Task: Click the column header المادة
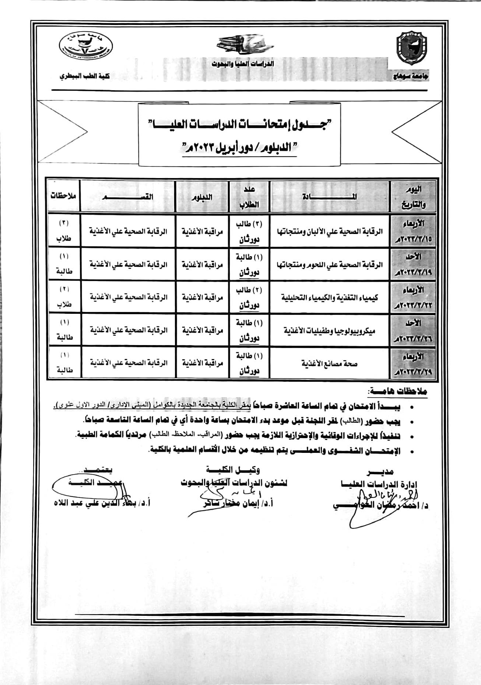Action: tap(329, 196)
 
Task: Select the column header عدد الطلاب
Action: tap(249, 197)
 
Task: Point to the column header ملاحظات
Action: tap(63, 196)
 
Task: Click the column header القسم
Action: tap(128, 196)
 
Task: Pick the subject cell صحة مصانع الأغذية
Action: tap(329, 364)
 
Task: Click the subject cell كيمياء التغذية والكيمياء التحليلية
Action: tap(329, 297)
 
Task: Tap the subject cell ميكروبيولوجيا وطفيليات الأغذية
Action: tap(329, 330)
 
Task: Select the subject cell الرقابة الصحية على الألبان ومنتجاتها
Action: tap(329, 231)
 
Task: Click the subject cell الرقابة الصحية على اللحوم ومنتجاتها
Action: tap(329, 265)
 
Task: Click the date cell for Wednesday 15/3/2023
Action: tap(413, 231)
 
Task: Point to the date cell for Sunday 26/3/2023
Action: tap(413, 330)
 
